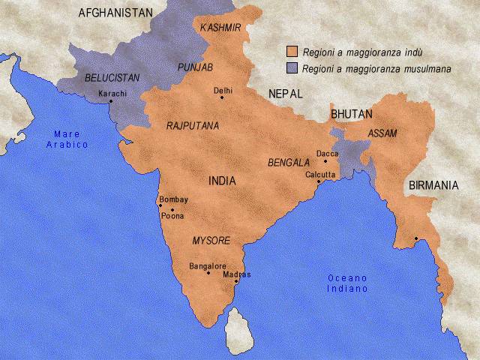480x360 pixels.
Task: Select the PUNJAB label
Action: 195,67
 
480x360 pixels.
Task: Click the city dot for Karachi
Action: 111,101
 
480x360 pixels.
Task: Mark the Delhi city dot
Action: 221,97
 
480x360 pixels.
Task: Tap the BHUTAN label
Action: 351,114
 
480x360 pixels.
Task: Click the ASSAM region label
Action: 382,133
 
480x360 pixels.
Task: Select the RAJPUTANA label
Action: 193,126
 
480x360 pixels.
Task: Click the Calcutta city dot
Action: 319,181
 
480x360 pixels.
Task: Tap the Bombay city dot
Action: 160,205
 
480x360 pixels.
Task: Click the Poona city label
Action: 172,216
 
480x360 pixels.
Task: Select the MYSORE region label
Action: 211,241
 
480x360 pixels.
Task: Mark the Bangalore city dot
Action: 208,272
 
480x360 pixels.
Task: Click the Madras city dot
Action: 236,282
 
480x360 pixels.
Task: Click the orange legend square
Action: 292,52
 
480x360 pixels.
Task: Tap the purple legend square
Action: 292,68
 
